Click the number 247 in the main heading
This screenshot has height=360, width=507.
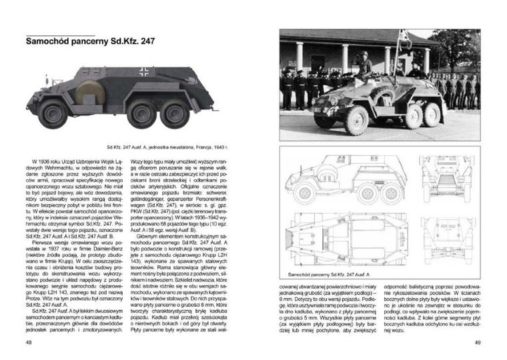pyautogui.click(x=143, y=41)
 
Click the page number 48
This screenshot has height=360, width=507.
pyautogui.click(x=28, y=342)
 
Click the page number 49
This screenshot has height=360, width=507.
pyautogui.click(x=477, y=342)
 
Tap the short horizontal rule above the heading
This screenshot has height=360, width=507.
pyautogui.click(x=59, y=33)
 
